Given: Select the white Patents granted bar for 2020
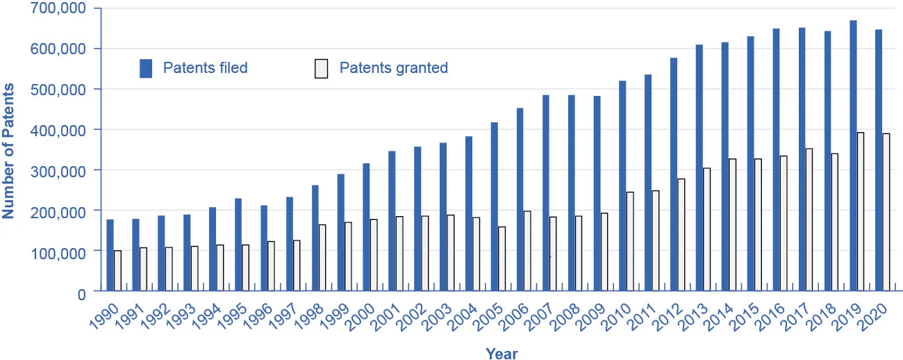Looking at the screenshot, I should click(886, 212).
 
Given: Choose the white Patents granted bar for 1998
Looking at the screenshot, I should click(322, 257).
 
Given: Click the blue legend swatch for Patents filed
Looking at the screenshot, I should click(146, 68).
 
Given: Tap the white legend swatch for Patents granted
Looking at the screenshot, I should click(321, 68).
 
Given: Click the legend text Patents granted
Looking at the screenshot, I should click(393, 68).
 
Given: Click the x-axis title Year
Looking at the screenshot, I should click(501, 353).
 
